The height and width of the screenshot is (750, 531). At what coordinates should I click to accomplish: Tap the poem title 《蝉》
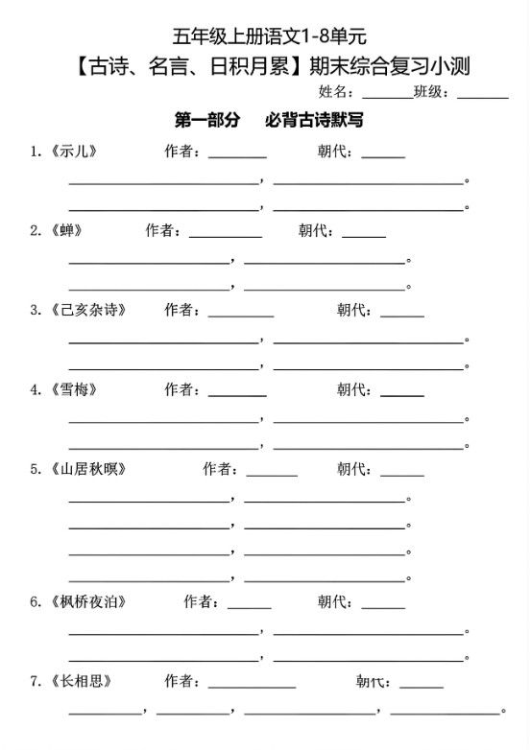pyautogui.click(x=64, y=230)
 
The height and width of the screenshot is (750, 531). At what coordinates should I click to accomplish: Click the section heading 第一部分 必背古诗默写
pyautogui.click(x=268, y=121)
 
